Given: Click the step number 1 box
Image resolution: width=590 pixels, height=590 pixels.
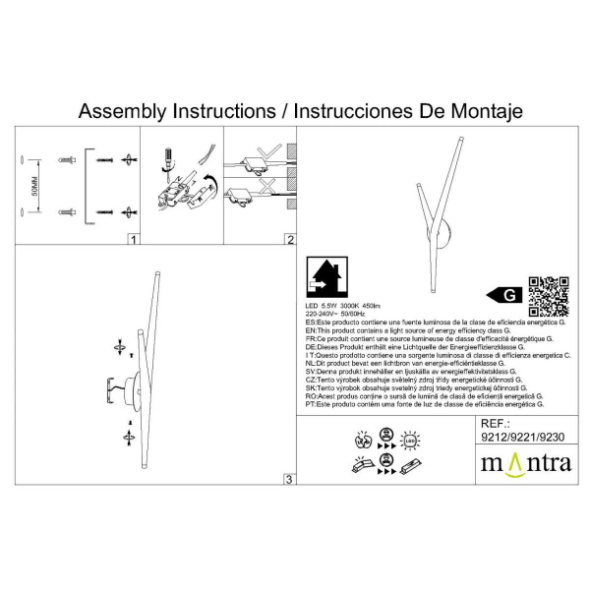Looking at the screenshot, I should coord(133,239).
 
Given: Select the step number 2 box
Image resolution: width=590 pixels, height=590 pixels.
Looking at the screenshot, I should coord(289,239).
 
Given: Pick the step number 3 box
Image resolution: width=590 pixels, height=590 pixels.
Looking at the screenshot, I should coord(288,479).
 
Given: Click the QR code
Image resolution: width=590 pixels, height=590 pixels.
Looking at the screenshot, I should coord(549,294).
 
